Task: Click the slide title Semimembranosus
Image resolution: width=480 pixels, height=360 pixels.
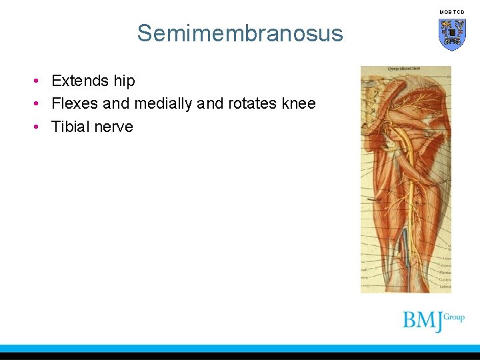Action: tap(240, 33)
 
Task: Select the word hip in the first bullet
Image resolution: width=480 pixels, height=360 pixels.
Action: tap(124, 81)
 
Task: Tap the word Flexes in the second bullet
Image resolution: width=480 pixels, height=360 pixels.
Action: tap(75, 104)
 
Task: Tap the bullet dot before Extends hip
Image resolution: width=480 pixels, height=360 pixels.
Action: tap(38, 81)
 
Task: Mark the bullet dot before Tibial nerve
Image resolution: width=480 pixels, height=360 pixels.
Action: tap(38, 127)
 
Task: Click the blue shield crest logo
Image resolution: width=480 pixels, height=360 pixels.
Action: tap(452, 34)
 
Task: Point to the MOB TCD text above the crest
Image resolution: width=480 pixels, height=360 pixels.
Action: tap(452, 12)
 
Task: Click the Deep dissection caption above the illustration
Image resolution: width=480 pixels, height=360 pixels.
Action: tap(405, 69)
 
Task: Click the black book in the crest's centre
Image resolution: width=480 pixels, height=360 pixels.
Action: tap(452, 31)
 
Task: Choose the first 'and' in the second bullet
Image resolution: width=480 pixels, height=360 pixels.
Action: tap(116, 104)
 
